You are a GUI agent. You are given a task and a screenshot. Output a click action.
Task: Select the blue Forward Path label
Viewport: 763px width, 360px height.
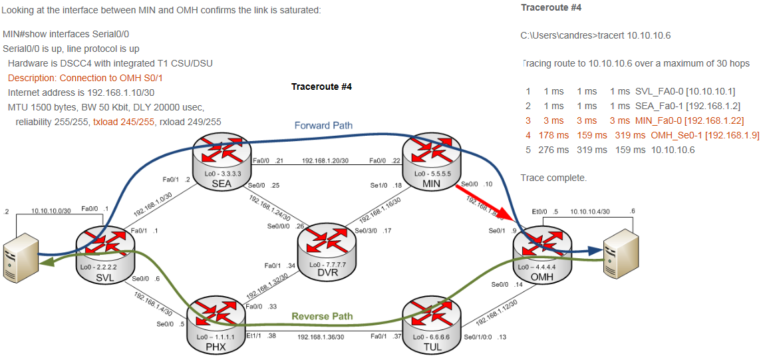pyautogui.click(x=323, y=125)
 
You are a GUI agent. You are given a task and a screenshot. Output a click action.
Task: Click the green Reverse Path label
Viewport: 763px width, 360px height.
pyautogui.click(x=322, y=316)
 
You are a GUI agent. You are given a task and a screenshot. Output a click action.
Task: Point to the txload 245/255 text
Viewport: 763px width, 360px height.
pyautogui.click(x=124, y=122)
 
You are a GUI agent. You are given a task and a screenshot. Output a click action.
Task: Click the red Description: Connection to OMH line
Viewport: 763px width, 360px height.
pyautogui.click(x=85, y=78)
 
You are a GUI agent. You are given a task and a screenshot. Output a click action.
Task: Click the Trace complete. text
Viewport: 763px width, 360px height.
pyautogui.click(x=553, y=178)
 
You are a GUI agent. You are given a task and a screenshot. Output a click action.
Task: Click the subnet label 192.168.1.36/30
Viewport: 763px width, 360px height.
pyautogui.click(x=321, y=337)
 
